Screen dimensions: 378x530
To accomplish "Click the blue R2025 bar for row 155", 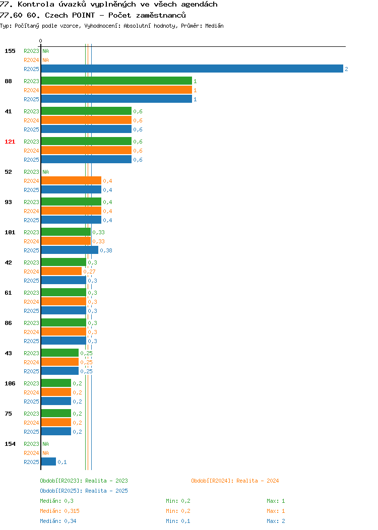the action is coord(192,69).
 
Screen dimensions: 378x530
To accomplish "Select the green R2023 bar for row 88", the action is coord(116,81).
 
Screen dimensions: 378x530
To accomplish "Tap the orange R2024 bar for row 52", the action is coord(72,180).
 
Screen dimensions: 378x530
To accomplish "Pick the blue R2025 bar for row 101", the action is coord(70,250).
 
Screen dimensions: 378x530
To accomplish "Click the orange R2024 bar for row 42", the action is coord(61,271).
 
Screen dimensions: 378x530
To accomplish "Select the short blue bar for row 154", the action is coord(49,461).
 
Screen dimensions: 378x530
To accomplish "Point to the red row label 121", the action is coord(10,142).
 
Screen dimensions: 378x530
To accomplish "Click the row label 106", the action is coord(10,383).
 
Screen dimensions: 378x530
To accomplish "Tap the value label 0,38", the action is coord(106,250).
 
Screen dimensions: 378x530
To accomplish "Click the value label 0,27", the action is coord(89,272).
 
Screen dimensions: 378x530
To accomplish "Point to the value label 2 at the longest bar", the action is coord(346,69).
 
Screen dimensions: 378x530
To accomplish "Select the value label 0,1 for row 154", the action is coord(62,462).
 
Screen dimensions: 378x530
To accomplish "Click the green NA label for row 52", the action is coord(46,172).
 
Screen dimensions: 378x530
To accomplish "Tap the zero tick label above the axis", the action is coord(41,41).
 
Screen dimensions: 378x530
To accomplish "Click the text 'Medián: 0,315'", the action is coord(60,511).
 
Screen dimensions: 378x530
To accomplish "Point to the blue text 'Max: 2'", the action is coord(276,521).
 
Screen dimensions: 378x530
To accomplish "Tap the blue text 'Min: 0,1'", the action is coord(178,521).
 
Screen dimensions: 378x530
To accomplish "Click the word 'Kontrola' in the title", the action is coord(36,5).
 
